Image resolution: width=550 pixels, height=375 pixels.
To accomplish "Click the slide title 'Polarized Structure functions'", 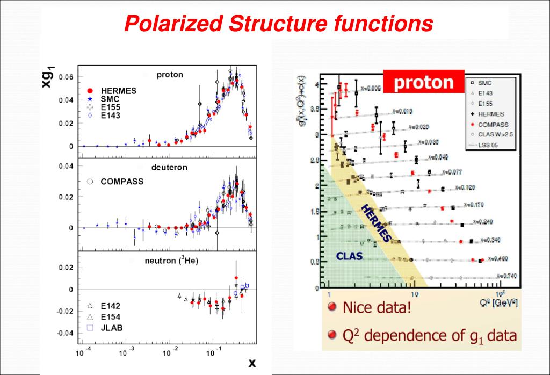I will pos(278,23).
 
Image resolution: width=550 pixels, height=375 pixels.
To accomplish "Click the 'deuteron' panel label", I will pos(169,168).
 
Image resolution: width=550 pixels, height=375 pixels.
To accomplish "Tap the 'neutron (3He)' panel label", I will pos(168,261).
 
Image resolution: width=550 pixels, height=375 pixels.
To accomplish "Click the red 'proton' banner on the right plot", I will pos(423,83).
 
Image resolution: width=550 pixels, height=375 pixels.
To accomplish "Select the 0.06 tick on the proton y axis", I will pos(66,77).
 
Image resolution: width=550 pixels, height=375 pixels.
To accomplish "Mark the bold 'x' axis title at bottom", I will pos(252,363).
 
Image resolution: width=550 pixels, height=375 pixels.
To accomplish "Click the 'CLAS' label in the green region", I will pos(349,256).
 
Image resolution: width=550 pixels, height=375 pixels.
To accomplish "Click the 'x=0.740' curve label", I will pos(506,276).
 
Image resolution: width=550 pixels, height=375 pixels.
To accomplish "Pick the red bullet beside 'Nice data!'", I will pos(332,308).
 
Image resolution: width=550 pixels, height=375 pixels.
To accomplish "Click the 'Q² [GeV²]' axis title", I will pos(499,302).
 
